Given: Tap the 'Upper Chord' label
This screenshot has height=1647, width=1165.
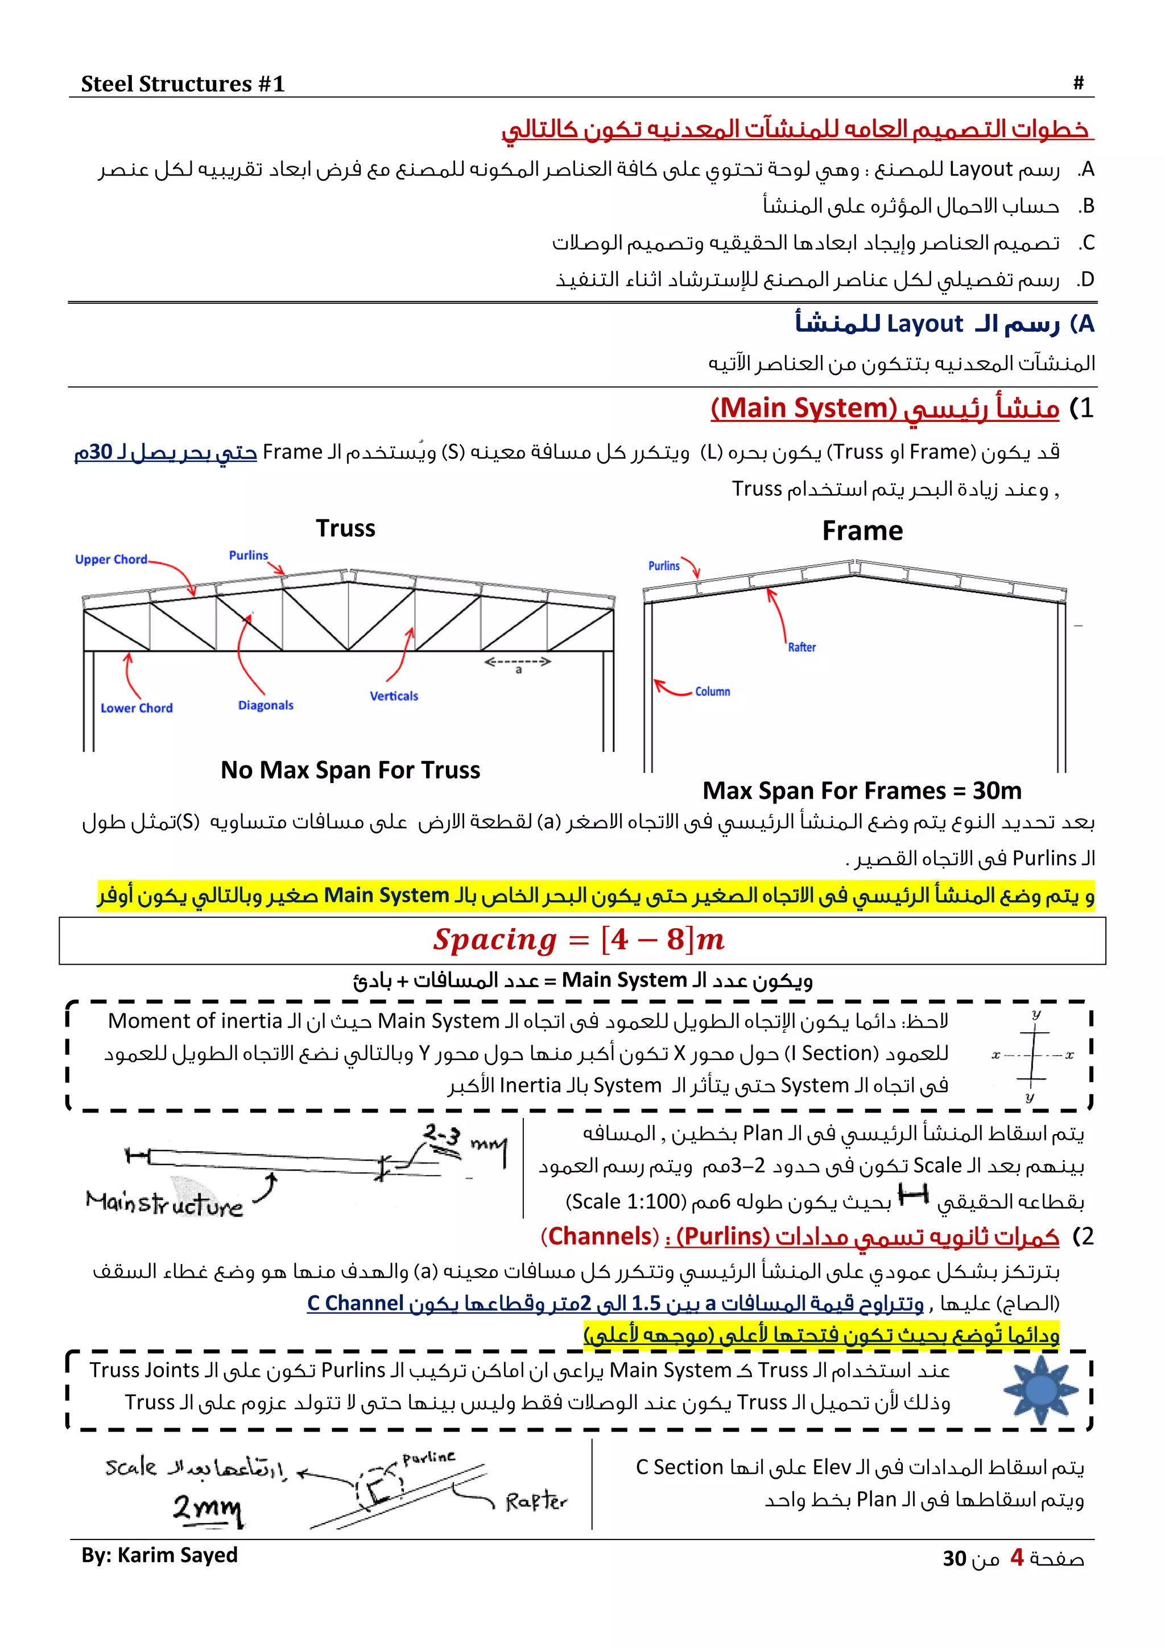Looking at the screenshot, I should pos(111,560).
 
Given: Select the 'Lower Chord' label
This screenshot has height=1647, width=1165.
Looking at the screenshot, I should pos(137,708).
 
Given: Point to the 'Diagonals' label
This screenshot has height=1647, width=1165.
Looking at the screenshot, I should pos(266,705).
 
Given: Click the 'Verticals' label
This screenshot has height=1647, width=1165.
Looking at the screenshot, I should pos(394,696).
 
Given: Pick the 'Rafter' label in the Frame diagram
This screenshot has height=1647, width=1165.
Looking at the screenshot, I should pos(802,647).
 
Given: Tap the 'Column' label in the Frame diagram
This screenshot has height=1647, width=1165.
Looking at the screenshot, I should pos(712,692).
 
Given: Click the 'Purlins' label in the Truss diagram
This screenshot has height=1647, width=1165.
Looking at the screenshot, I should pos(248,555).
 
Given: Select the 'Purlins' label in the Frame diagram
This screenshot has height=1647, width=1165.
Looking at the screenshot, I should pos(664,566).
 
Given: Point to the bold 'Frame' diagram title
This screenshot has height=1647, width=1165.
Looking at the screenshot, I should pos(862,531).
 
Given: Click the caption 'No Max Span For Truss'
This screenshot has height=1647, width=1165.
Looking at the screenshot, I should pos(350,769).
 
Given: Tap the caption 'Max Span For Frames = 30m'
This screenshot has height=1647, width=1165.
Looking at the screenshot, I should pos(862,791).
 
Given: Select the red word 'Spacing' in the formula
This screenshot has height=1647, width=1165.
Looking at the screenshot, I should pos(495,940).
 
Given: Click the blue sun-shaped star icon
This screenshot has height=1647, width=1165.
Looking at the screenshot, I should pos(1040,1389).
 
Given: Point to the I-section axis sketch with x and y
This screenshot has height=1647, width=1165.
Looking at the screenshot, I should pos(1032,1055).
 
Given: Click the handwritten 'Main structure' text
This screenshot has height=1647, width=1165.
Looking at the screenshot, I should pos(164,1204).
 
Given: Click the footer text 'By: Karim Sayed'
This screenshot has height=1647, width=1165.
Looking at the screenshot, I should pos(159,1555).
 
